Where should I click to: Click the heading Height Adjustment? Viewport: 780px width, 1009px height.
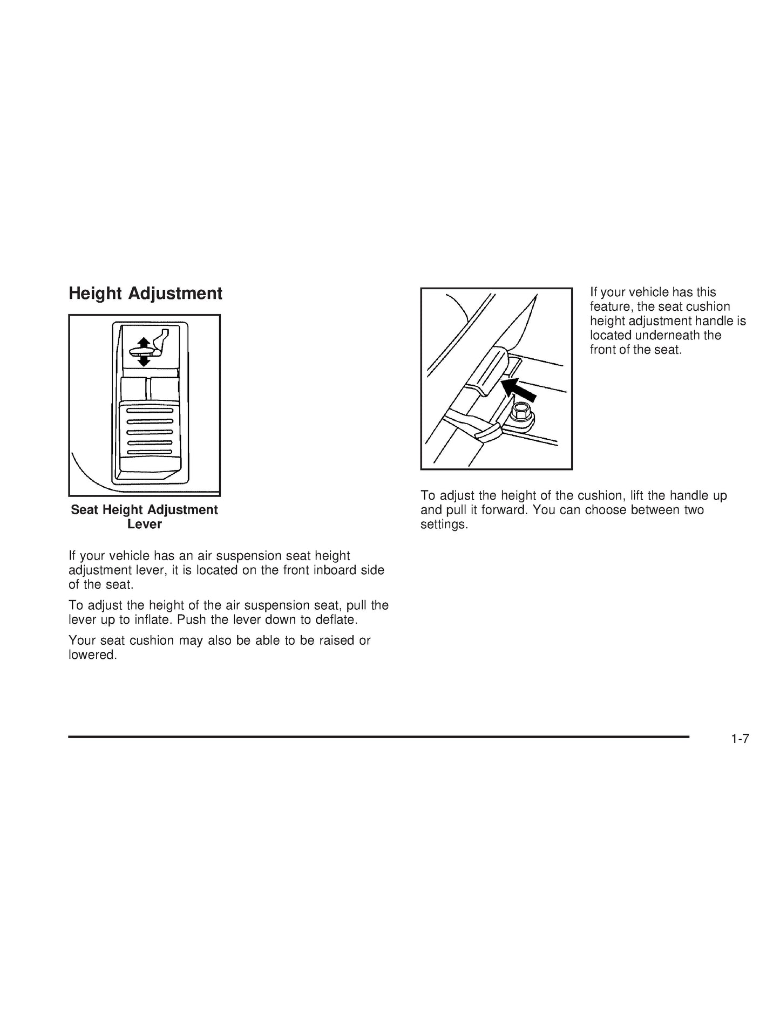[145, 294]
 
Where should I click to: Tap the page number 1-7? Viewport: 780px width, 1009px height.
[740, 739]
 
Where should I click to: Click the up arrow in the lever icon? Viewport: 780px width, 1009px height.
[144, 343]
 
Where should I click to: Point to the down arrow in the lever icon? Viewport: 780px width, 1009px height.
[144, 360]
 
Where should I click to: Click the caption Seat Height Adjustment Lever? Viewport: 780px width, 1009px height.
[145, 517]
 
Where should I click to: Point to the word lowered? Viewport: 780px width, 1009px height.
[92, 655]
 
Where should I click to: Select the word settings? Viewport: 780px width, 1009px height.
[444, 524]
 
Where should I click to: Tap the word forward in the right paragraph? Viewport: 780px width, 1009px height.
[506, 510]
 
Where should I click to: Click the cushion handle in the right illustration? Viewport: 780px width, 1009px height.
[485, 372]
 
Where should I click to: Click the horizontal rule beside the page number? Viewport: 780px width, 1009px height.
[379, 737]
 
